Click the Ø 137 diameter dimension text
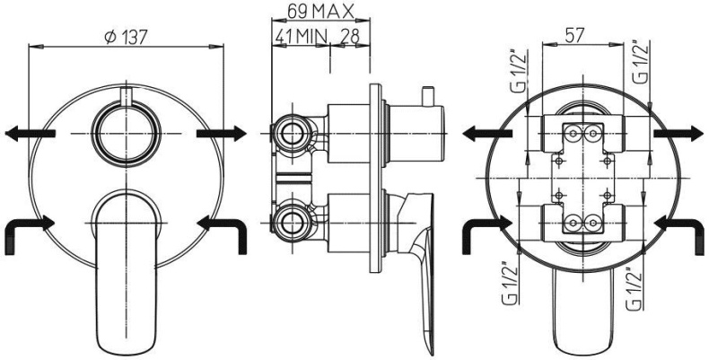point(126,37)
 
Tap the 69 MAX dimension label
point(320,12)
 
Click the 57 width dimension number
point(574,35)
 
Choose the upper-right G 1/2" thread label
point(641,63)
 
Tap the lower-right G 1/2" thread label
point(635,289)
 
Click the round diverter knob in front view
point(127,134)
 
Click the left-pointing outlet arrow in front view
point(31,134)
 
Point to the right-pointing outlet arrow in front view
point(222,134)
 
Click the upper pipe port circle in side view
point(292,134)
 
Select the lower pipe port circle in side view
point(292,224)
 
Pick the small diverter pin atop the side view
point(426,96)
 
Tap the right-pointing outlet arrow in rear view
point(679,134)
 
